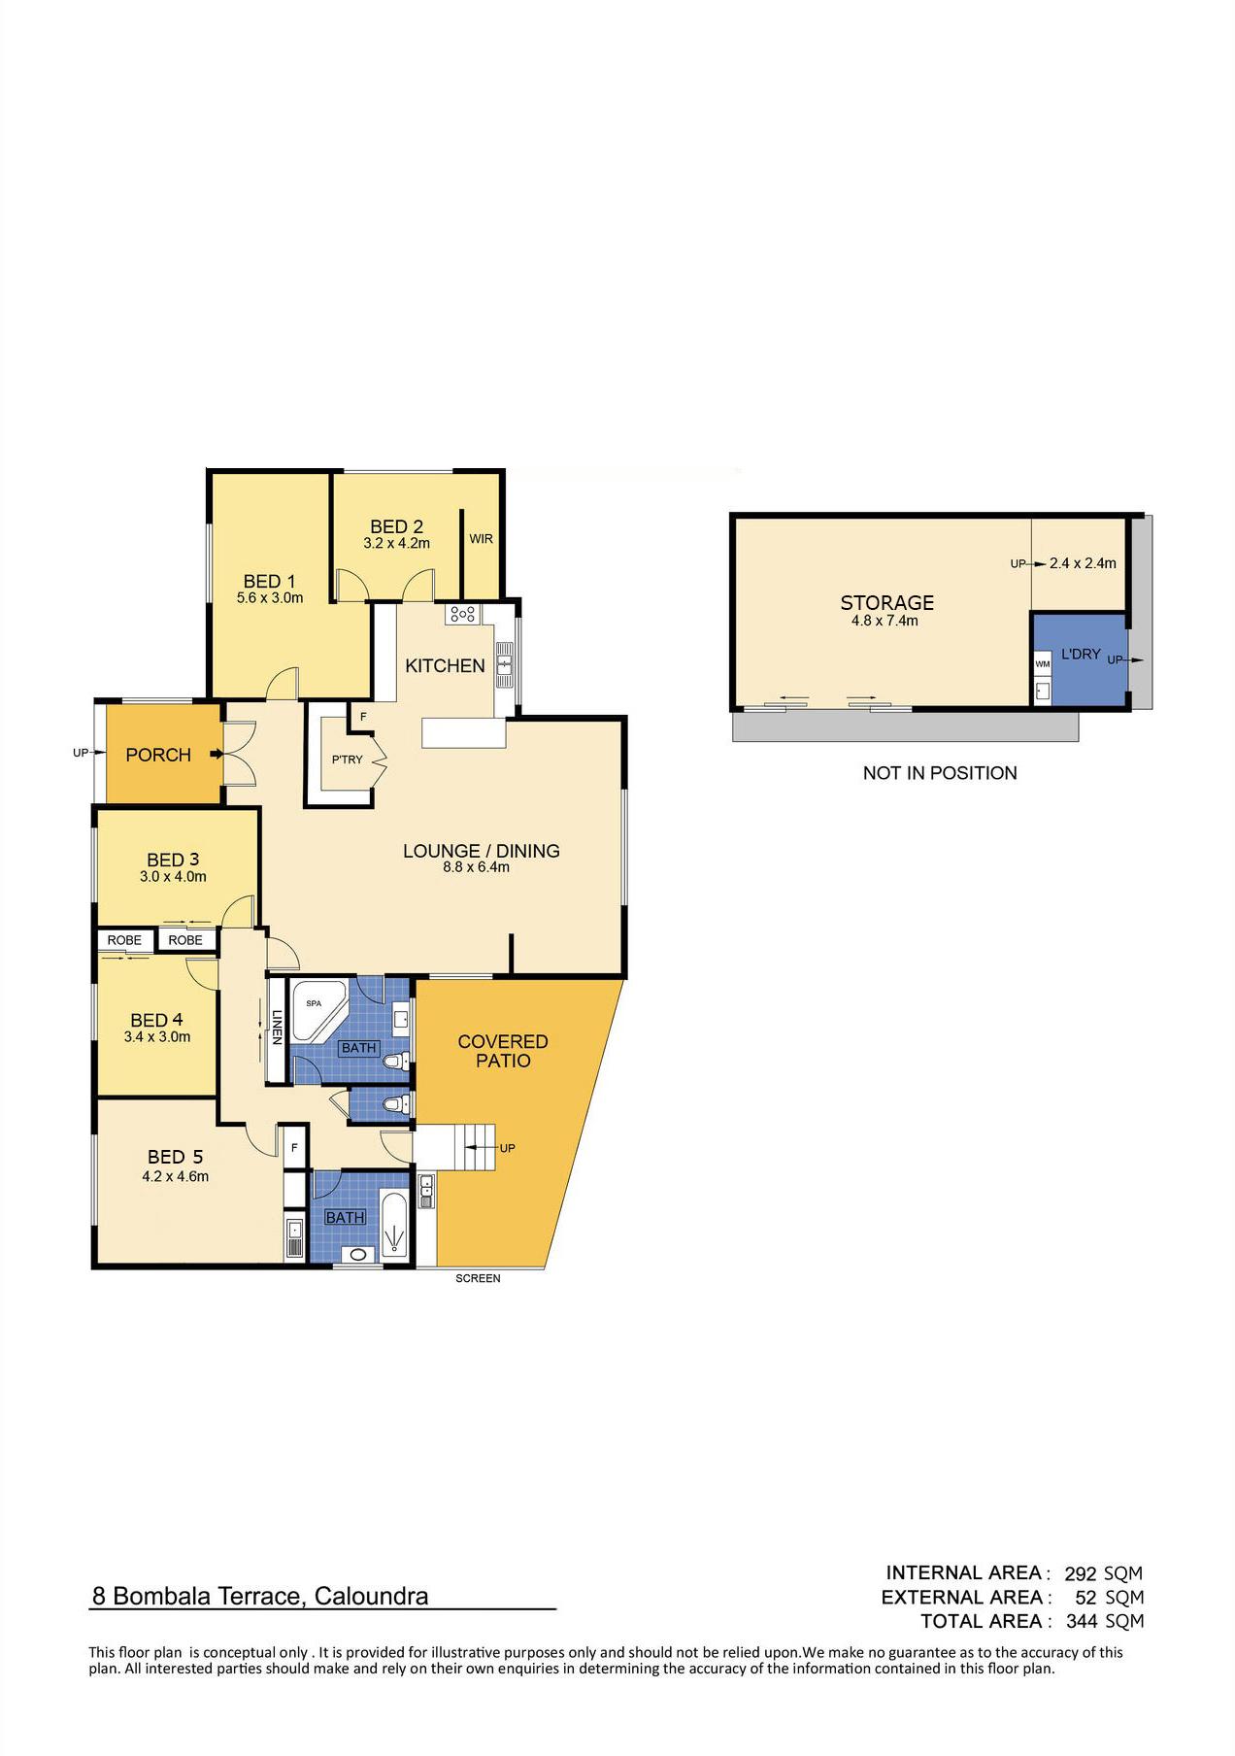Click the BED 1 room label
(269, 581)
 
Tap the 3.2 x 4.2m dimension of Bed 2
(396, 544)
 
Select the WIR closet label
(482, 539)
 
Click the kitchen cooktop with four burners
(461, 614)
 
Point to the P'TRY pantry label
(347, 760)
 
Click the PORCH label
(158, 755)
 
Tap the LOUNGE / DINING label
(482, 851)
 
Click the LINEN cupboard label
(277, 1028)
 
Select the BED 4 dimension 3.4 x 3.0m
(157, 1037)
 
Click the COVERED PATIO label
(503, 1051)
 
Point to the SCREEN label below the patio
(478, 1278)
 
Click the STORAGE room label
(887, 602)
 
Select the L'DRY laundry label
(1081, 655)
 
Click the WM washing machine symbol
(1043, 664)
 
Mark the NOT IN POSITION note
(940, 773)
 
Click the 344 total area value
(1082, 1621)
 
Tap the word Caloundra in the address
(371, 1596)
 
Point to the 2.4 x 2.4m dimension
(1083, 563)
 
